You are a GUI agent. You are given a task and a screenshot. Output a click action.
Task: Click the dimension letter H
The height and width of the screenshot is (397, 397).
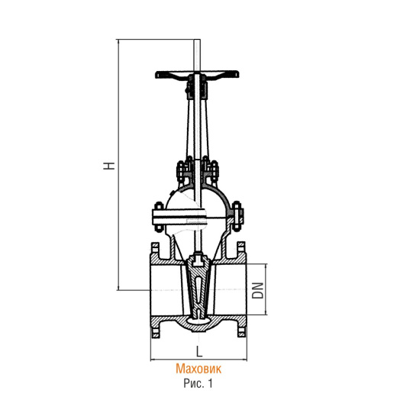(x=109, y=166)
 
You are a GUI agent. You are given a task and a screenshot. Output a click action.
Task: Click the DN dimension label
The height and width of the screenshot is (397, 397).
(x=257, y=290)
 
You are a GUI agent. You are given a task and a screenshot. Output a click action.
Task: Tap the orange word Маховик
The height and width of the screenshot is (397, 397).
(x=198, y=369)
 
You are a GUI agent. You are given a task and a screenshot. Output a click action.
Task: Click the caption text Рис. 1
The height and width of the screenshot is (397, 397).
(x=198, y=383)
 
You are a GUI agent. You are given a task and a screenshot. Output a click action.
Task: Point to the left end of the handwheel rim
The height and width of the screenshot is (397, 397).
(x=157, y=75)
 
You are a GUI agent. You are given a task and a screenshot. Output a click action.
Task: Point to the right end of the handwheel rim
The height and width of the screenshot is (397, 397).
(x=238, y=74)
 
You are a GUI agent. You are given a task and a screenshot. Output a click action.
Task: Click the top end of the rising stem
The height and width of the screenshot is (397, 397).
(x=197, y=40)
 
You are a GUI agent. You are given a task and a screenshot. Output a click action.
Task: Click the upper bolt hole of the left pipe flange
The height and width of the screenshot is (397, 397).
(x=155, y=247)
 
